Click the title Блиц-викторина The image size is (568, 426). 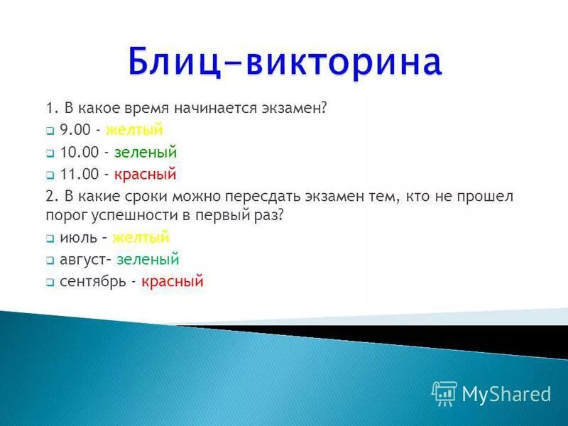coord(285,62)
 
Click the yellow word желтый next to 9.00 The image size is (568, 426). coord(134,130)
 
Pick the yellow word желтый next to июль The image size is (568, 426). coord(141,238)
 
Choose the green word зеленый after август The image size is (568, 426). coord(148,260)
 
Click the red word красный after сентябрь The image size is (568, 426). coord(173,281)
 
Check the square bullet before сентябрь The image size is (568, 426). coord(50,283)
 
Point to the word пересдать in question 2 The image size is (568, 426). coord(259,195)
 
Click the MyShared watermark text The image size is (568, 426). coord(506,394)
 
